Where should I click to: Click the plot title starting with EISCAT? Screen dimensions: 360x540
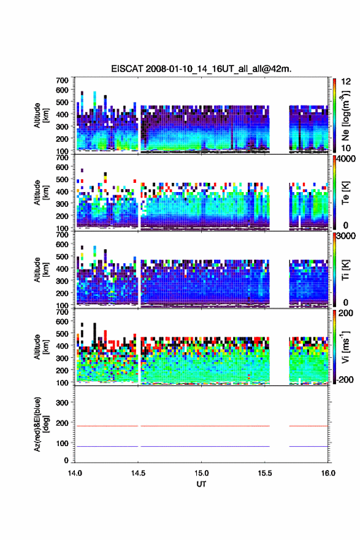pos(201,69)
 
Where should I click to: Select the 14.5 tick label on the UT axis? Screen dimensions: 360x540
pos(138,473)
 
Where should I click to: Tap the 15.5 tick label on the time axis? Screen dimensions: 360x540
pos(265,473)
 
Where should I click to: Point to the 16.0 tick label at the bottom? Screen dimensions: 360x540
pos(328,473)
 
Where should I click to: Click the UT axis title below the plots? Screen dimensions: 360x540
pos(201,484)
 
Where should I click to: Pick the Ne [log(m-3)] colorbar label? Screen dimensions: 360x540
pos(345,115)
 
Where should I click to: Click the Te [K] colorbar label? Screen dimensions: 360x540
pos(345,193)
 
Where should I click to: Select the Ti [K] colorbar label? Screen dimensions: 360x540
pos(345,269)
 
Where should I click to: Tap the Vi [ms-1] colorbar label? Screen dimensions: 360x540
pos(345,347)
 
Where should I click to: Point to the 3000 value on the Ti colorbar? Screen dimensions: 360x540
pos(346,236)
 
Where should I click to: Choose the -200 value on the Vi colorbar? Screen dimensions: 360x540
pos(345,379)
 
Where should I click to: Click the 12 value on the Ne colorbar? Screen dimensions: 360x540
pos(347,82)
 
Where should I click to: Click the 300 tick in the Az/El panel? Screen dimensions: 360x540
pos(62,403)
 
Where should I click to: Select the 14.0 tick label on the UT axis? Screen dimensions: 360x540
pos(75,473)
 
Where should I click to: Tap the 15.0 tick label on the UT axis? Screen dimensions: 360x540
pos(201,473)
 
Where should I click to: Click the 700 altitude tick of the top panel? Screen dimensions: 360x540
pos(62,80)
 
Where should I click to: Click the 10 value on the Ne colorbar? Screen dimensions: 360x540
pos(347,148)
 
